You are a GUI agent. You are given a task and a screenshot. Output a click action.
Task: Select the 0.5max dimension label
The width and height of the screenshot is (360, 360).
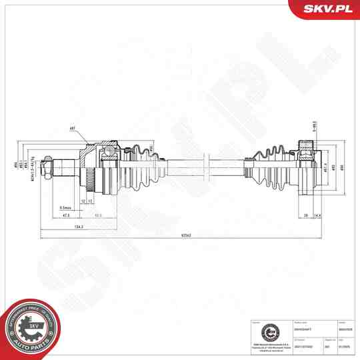(65, 207)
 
